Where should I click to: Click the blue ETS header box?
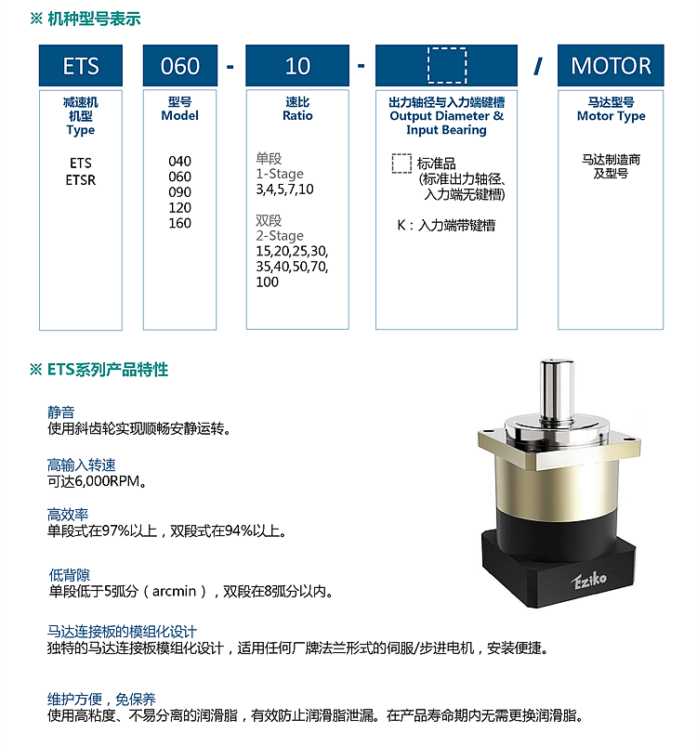click(81, 65)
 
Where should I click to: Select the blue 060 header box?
click(180, 65)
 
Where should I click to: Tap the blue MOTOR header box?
click(611, 65)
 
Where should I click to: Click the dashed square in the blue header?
click(447, 65)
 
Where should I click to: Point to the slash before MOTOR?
click(537, 66)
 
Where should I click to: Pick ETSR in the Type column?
click(81, 180)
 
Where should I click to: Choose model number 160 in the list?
click(180, 223)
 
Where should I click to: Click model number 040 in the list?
click(180, 162)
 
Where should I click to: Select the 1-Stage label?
click(280, 174)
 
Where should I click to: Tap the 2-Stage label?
click(280, 235)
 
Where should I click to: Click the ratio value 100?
click(267, 281)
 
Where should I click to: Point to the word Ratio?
click(297, 115)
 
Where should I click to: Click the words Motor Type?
click(611, 116)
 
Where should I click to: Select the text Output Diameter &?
click(446, 115)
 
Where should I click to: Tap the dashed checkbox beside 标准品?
click(401, 164)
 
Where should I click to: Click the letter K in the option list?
click(401, 225)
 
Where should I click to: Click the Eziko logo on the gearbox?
click(589, 581)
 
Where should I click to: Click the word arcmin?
click(174, 591)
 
